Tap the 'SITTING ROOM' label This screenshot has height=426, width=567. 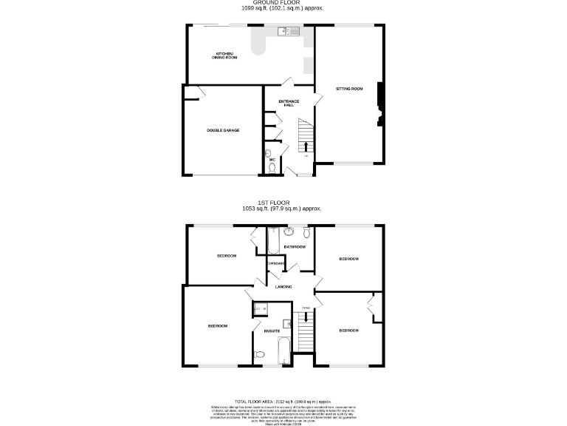(x=349, y=89)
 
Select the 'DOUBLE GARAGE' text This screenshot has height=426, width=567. (x=222, y=130)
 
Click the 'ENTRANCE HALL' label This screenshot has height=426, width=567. (x=289, y=103)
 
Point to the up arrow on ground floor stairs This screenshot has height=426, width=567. (x=306, y=144)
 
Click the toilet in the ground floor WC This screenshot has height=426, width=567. (x=272, y=168)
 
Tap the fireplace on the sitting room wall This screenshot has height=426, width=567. (x=381, y=105)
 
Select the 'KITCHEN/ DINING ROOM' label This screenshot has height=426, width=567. (x=226, y=55)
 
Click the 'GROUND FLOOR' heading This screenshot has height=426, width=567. (x=281, y=3)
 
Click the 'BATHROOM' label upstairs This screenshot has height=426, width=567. (x=295, y=246)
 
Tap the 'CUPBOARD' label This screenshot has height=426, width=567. (x=275, y=263)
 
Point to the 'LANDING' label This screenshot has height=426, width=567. (x=283, y=287)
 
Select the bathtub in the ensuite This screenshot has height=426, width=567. (x=285, y=352)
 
